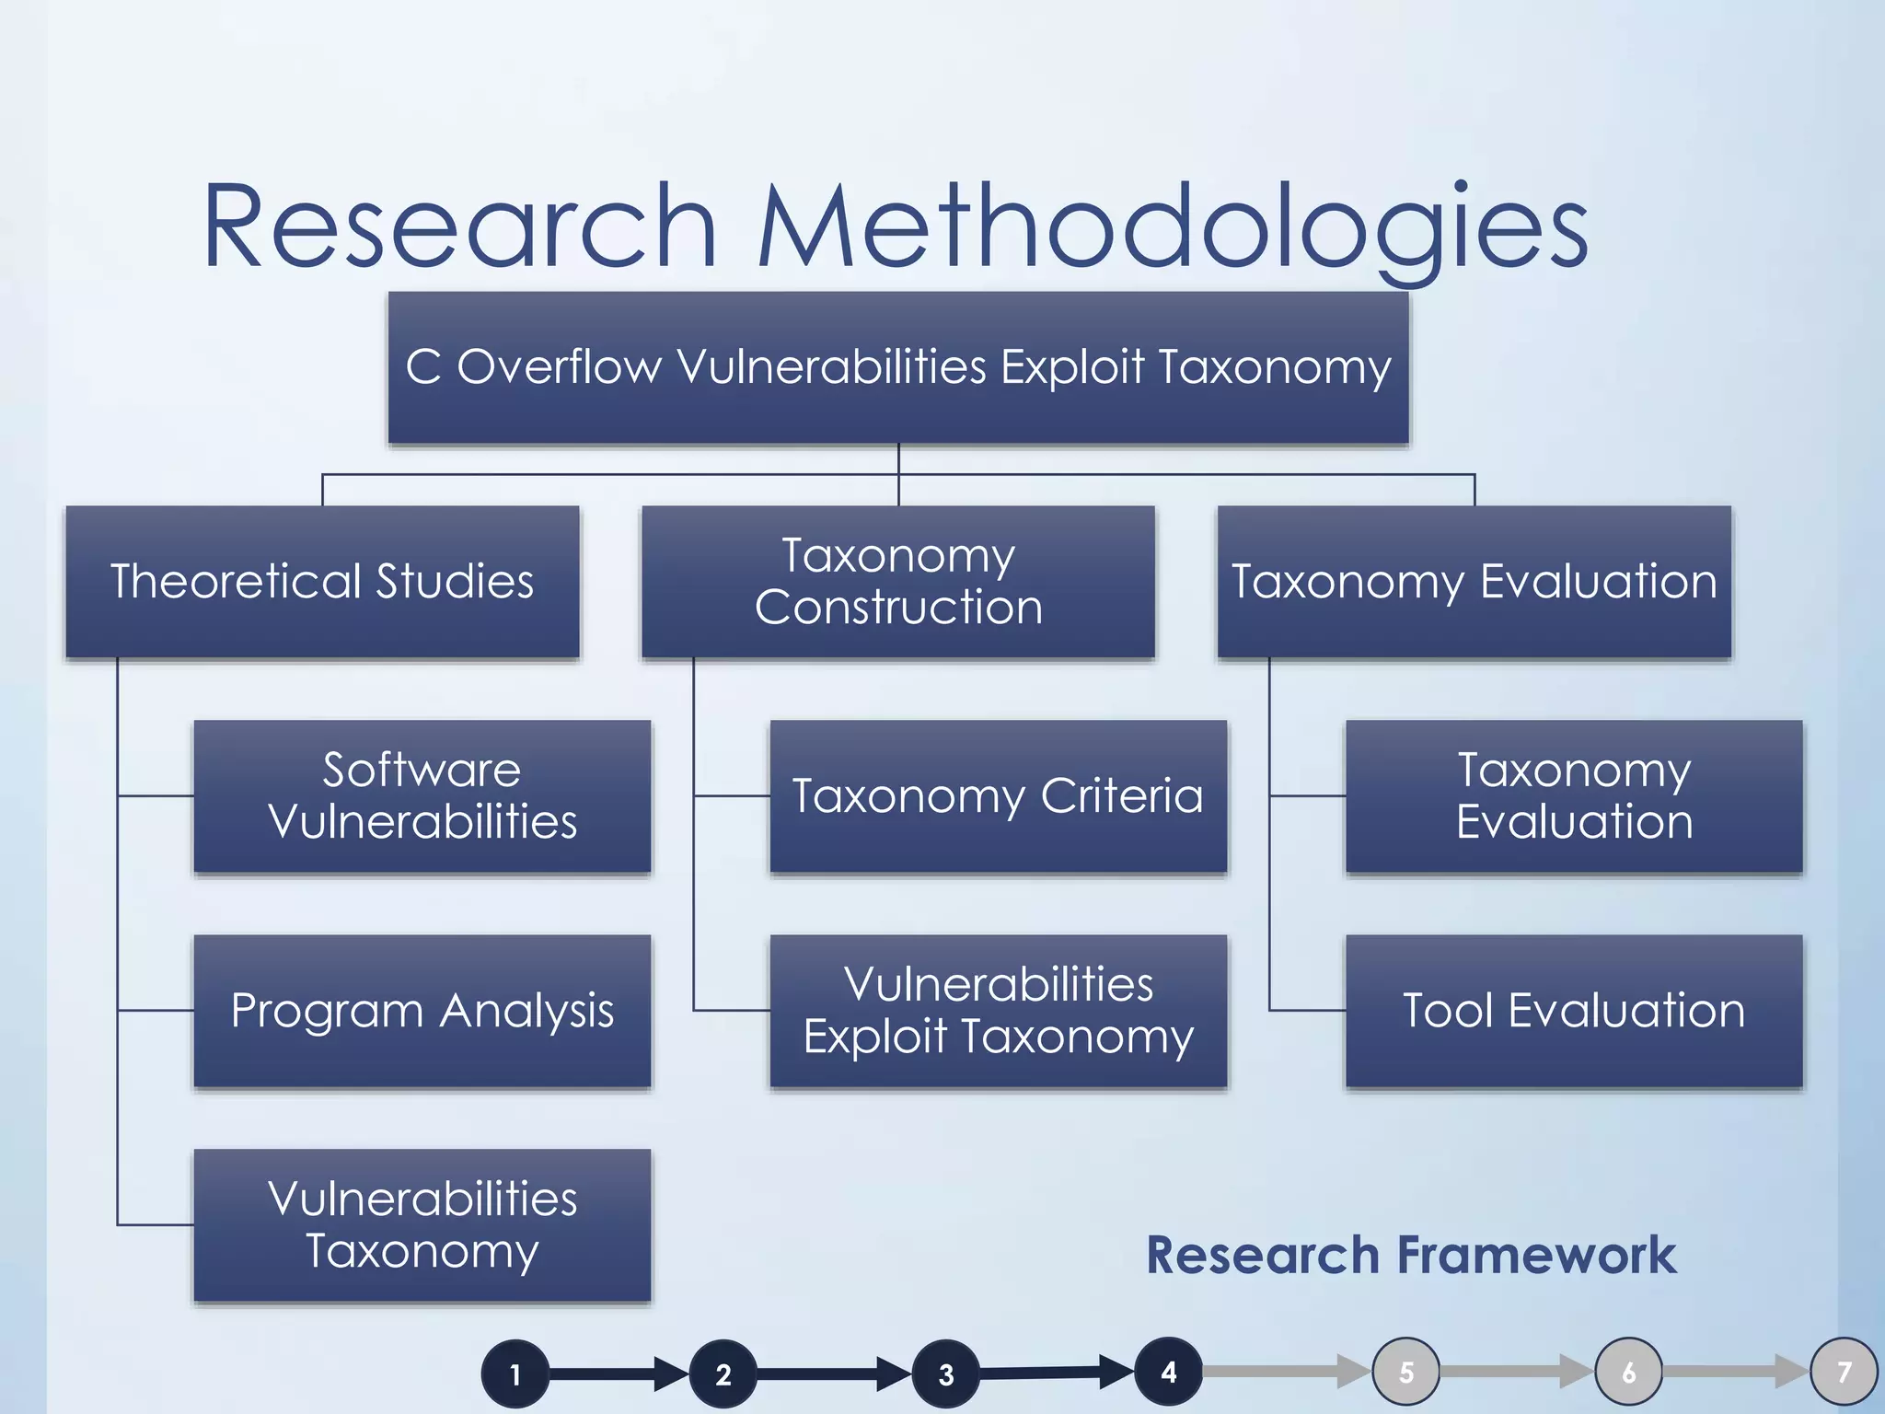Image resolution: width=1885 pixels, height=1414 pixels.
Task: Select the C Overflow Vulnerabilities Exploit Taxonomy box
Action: pos(898,368)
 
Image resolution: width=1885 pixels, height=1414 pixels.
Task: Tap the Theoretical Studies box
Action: pos(322,582)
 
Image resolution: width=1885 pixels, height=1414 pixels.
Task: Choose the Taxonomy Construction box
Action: pos(898,582)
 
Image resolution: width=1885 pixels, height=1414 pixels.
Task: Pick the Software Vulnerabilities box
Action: pos(422,796)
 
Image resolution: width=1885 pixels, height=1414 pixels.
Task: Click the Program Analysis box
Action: pos(422,1011)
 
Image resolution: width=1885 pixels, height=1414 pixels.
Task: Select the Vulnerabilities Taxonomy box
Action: pos(422,1225)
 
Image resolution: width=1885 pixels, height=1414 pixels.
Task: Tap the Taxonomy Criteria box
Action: pos(999,796)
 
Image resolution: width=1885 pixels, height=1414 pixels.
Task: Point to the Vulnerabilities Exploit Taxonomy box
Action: pos(999,1011)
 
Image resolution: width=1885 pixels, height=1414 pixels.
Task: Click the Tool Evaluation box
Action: pos(1574,1011)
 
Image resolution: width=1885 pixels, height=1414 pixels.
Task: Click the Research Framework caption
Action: pos(1411,1256)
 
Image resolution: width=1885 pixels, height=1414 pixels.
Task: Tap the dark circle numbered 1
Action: pos(515,1374)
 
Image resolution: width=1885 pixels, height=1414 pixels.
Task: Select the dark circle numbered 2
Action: pos(723,1374)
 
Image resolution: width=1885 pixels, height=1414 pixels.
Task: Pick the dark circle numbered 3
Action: pos(946,1374)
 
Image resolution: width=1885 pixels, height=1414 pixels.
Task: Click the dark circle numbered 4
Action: pos(1169,1372)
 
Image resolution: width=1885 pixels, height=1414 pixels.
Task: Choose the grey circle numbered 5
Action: pos(1406,1372)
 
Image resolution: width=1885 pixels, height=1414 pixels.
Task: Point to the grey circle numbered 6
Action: pos(1629,1372)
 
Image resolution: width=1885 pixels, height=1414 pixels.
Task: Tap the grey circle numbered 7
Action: pos(1844,1372)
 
